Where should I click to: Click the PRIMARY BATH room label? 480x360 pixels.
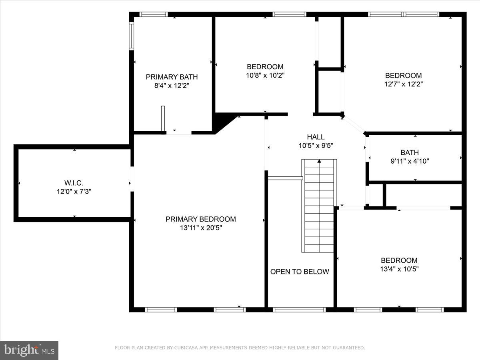(172, 77)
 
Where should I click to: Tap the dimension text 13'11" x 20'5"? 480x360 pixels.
(200, 228)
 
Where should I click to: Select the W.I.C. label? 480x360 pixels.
(74, 183)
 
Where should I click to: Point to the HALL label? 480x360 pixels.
(316, 137)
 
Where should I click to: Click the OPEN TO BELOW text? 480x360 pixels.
(300, 272)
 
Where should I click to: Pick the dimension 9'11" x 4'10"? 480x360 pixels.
(410, 161)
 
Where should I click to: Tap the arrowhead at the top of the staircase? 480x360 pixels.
(319, 161)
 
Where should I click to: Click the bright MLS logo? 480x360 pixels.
(29, 350)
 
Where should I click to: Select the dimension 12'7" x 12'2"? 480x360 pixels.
(403, 84)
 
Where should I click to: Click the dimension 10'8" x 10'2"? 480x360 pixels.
(265, 75)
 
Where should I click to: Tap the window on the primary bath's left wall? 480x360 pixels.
(131, 36)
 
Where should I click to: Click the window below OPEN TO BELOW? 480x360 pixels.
(299, 310)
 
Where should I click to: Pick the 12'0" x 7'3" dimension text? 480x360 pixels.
(74, 192)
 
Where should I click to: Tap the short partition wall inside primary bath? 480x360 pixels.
(163, 118)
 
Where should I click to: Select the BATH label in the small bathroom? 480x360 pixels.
(410, 152)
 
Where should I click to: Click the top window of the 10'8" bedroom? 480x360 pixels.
(290, 14)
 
